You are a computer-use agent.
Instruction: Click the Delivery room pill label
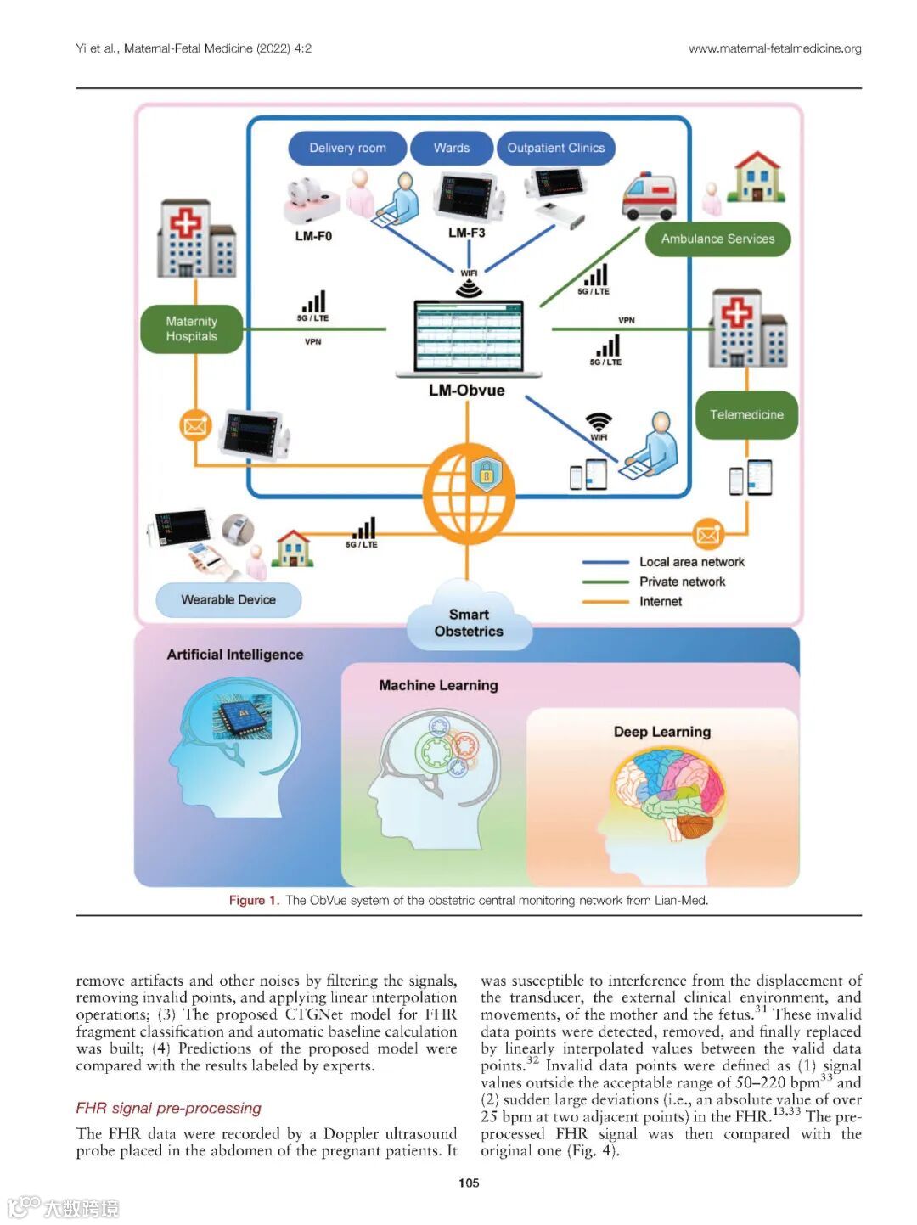point(347,148)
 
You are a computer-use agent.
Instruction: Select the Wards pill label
point(451,148)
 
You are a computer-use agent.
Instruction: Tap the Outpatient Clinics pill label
point(555,148)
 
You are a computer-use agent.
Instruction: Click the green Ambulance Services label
point(717,239)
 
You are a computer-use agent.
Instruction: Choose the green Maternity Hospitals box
point(192,329)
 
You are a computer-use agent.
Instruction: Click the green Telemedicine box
point(746,414)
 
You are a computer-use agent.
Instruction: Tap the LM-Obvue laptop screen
point(468,336)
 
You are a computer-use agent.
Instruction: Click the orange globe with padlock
point(468,492)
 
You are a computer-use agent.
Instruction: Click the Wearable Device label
point(228,599)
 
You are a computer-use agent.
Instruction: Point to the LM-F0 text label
point(313,236)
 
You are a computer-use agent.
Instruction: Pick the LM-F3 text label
point(466,233)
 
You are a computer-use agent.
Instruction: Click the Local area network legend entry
point(691,562)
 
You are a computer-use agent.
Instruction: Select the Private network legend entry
point(682,582)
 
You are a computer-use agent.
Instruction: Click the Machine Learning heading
point(438,685)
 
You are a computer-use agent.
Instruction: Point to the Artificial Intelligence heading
point(235,655)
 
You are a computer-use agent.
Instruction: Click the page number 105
point(469,1183)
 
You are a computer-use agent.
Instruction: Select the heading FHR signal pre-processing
point(168,1108)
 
